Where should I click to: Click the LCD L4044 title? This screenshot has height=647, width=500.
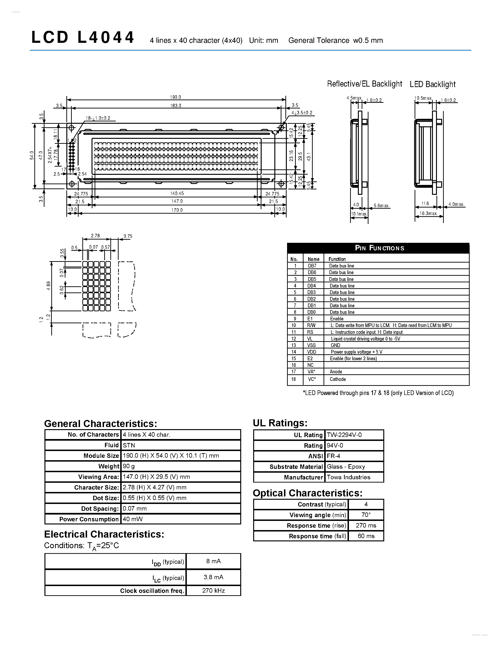[83, 38]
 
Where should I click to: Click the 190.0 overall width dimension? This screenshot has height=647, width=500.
[175, 97]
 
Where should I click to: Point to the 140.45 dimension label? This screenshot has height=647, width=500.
[177, 193]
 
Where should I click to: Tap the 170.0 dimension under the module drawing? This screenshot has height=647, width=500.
[177, 210]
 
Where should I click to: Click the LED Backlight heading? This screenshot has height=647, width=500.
[432, 84]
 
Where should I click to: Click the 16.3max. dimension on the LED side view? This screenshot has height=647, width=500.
[428, 213]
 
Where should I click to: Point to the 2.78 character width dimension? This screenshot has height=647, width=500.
[95, 236]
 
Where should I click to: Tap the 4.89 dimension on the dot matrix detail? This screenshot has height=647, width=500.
[48, 286]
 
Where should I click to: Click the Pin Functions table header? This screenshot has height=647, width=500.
[379, 248]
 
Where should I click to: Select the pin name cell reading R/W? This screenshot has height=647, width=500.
[311, 325]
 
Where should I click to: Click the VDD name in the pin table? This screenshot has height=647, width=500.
[312, 352]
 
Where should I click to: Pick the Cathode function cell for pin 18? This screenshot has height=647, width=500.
[338, 379]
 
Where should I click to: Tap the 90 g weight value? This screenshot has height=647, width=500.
[129, 466]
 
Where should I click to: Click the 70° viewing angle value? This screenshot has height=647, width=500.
[366, 515]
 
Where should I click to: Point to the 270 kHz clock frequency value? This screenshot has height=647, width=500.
[214, 591]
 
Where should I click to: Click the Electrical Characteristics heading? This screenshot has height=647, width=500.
[104, 534]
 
